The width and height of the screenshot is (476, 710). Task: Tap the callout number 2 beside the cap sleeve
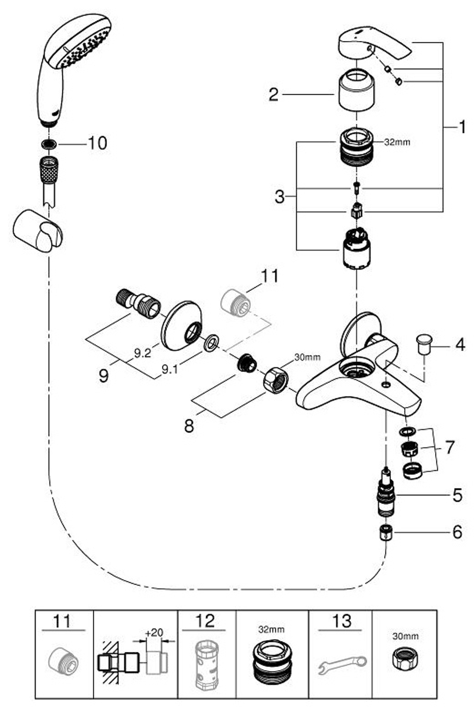click(x=274, y=94)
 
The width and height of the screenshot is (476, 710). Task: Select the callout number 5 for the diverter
click(x=457, y=495)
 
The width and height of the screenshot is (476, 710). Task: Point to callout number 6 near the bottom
click(x=457, y=532)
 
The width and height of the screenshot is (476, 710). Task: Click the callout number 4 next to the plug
click(x=460, y=345)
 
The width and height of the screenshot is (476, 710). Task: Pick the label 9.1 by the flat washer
click(x=170, y=369)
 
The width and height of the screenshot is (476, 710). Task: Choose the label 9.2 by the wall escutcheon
click(x=143, y=353)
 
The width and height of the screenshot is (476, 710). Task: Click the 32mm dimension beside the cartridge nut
click(x=397, y=142)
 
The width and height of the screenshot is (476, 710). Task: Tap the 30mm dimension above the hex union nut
click(x=307, y=357)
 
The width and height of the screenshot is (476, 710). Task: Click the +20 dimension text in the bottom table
click(x=154, y=633)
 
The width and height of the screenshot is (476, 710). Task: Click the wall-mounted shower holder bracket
click(x=38, y=231)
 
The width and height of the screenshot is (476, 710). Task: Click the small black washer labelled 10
click(x=49, y=144)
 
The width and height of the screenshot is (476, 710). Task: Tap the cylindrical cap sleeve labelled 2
click(x=357, y=92)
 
